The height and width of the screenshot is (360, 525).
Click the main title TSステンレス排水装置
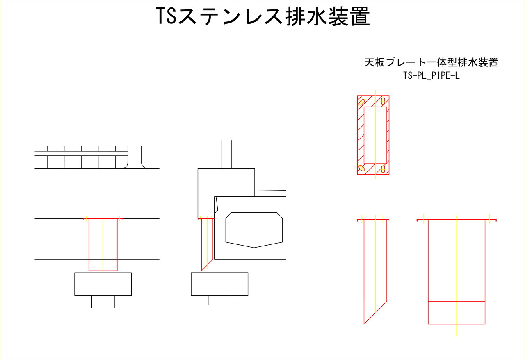[x=263, y=16]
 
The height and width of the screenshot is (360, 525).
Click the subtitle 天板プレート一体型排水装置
[x=431, y=62]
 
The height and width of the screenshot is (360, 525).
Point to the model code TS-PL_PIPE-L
[x=431, y=75]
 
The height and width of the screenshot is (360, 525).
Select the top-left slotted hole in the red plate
[x=362, y=102]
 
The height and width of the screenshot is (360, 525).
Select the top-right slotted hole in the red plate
[x=383, y=101]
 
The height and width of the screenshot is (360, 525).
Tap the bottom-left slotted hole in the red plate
[x=362, y=168]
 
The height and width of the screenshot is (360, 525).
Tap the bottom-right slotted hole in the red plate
[x=383, y=169]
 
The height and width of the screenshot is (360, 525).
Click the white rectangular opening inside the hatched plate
[x=375, y=135]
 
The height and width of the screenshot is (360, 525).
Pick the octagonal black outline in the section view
[x=254, y=230]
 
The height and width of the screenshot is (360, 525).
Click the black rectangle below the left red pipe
[x=103, y=284]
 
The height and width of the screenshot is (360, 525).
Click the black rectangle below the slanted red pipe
[x=219, y=284]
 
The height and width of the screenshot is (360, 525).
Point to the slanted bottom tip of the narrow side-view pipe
[x=364, y=324]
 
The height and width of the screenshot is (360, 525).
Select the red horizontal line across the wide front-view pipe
[x=457, y=301]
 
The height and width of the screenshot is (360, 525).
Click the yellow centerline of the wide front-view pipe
[x=457, y=276]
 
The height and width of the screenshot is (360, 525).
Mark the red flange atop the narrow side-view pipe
[x=373, y=220]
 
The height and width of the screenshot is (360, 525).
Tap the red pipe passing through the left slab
[x=103, y=244]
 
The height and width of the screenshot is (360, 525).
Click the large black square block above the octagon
[x=226, y=193]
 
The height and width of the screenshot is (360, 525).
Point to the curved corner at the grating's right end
[x=126, y=166]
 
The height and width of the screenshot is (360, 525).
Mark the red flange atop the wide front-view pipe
[x=457, y=220]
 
